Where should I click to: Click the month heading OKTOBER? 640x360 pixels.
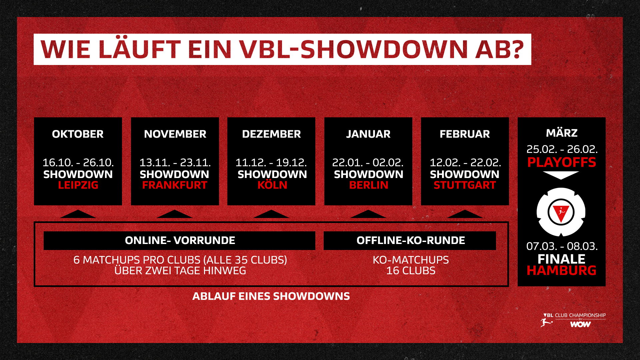[78, 134]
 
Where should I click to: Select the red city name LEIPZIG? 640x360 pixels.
[78, 185]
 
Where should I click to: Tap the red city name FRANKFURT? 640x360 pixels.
[175, 185]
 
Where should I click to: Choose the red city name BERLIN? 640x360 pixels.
[369, 185]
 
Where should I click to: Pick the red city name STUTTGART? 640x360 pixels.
[465, 185]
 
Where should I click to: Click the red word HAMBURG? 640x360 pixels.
[561, 270]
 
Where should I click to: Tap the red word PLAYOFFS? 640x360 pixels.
[561, 162]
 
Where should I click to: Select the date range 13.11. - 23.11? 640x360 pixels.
[175, 163]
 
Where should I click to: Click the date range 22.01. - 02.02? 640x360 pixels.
[368, 163]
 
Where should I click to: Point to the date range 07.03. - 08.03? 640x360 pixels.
[562, 246]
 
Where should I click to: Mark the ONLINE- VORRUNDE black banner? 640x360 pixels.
[179, 240]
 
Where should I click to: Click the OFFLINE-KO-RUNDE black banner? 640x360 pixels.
[410, 240]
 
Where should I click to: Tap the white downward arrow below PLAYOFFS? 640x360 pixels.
[561, 175]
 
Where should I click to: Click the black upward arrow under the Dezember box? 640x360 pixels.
[271, 214]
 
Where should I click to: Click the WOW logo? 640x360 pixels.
[580, 324]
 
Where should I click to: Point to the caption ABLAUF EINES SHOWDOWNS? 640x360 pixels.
[271, 296]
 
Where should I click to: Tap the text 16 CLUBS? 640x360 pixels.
[411, 271]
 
